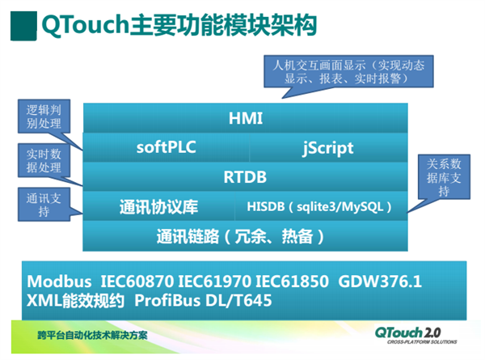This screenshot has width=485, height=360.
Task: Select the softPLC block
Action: (166, 148)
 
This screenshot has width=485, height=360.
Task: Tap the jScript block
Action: (327, 148)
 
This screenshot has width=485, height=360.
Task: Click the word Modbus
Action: (59, 282)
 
